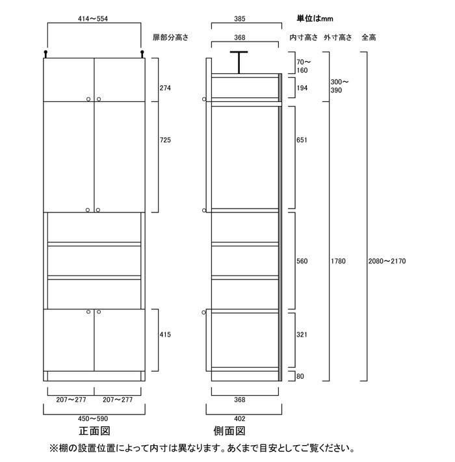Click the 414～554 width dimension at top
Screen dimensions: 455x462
[x=93, y=19]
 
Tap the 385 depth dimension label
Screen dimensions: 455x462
[x=240, y=19]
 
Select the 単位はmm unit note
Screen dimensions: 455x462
[x=315, y=19]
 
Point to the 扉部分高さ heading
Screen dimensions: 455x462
[x=170, y=38]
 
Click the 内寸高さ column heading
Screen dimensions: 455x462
[x=304, y=38]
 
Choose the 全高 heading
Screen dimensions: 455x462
[x=369, y=38]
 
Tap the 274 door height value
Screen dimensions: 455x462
[x=165, y=88]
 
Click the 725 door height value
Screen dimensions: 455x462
[x=165, y=140]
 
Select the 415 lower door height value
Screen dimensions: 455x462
[x=165, y=335]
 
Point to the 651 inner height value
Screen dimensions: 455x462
[x=302, y=140]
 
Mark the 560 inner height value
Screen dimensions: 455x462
[x=302, y=261]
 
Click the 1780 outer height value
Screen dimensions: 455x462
[x=338, y=261]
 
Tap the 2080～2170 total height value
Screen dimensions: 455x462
[x=387, y=261]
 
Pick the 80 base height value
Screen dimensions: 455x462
[x=300, y=376]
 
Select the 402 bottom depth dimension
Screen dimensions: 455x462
[x=240, y=418]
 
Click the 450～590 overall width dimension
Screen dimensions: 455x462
[x=93, y=418]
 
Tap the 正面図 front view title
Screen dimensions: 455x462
[x=95, y=431]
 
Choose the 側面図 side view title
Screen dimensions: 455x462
[x=229, y=431]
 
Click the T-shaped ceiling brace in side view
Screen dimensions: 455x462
[x=239, y=62]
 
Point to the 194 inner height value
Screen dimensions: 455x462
[x=302, y=88]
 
